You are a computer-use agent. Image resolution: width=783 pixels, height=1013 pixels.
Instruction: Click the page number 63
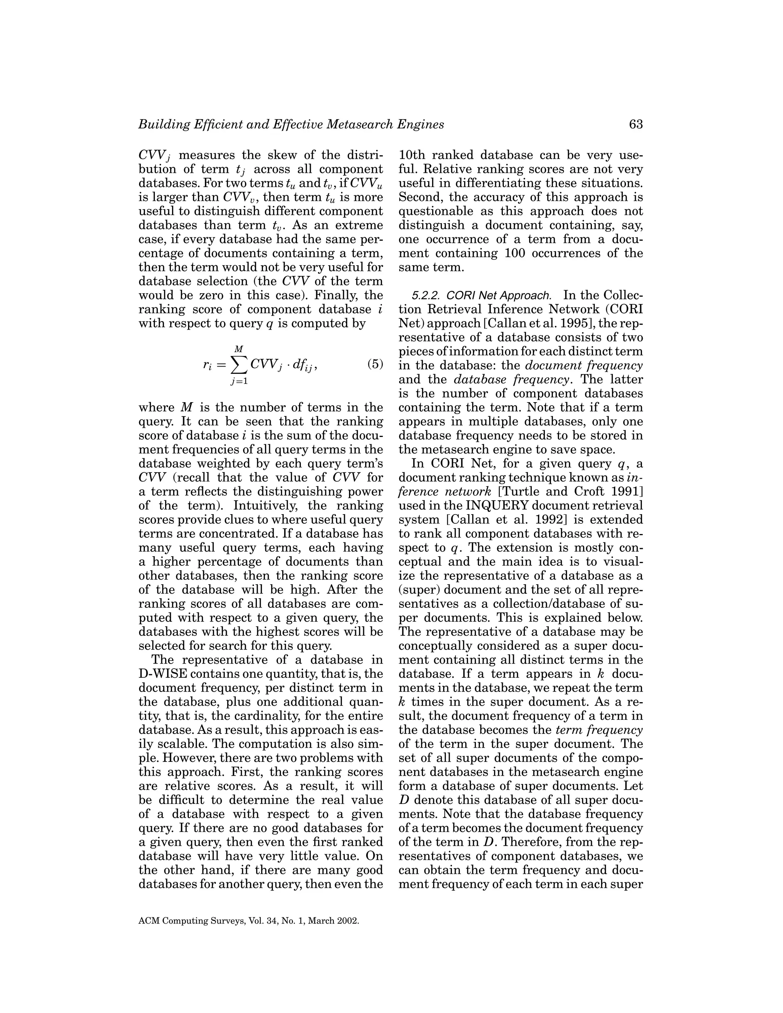click(x=635, y=124)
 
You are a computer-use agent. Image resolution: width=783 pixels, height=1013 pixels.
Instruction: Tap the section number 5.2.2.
click(x=427, y=296)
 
